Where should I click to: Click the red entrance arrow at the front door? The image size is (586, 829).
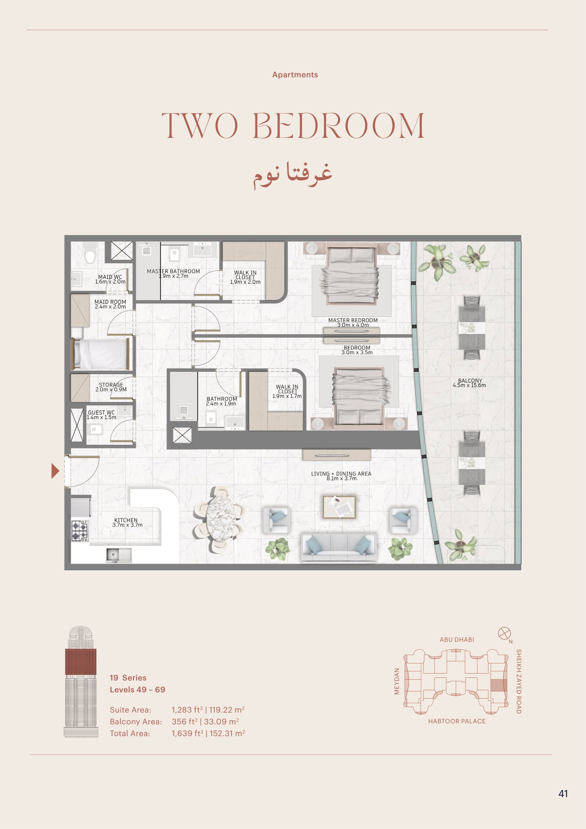click(55, 471)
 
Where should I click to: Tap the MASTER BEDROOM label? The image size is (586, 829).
click(353, 320)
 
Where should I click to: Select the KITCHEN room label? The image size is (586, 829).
click(126, 520)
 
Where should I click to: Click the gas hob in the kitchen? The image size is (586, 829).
click(80, 531)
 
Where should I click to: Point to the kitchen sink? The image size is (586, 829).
click(119, 555)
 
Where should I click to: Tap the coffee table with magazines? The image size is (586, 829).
click(339, 507)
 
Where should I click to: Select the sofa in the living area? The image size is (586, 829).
click(338, 548)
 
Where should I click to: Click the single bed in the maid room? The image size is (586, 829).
click(101, 354)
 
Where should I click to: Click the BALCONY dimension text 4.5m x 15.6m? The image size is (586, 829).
click(469, 385)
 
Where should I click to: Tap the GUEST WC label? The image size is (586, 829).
click(101, 412)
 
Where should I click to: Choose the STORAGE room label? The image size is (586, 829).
click(111, 385)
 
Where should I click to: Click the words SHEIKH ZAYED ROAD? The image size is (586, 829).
click(519, 681)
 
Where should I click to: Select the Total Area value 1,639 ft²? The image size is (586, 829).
click(187, 733)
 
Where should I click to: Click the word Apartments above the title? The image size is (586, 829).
click(295, 75)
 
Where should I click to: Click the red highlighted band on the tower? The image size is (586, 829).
click(81, 661)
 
